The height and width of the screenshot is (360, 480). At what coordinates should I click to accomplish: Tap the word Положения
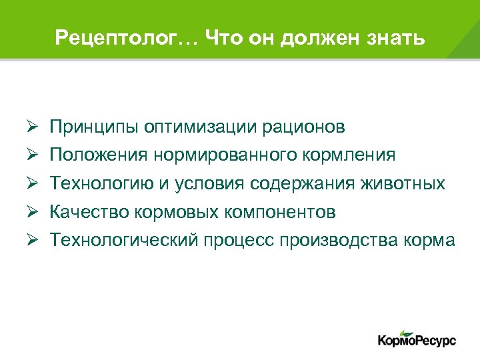(98, 155)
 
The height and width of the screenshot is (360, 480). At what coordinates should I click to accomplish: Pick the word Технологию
(101, 184)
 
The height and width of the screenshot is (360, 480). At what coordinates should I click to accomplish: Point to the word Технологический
(124, 241)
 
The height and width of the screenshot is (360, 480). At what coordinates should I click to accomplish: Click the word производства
(343, 241)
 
